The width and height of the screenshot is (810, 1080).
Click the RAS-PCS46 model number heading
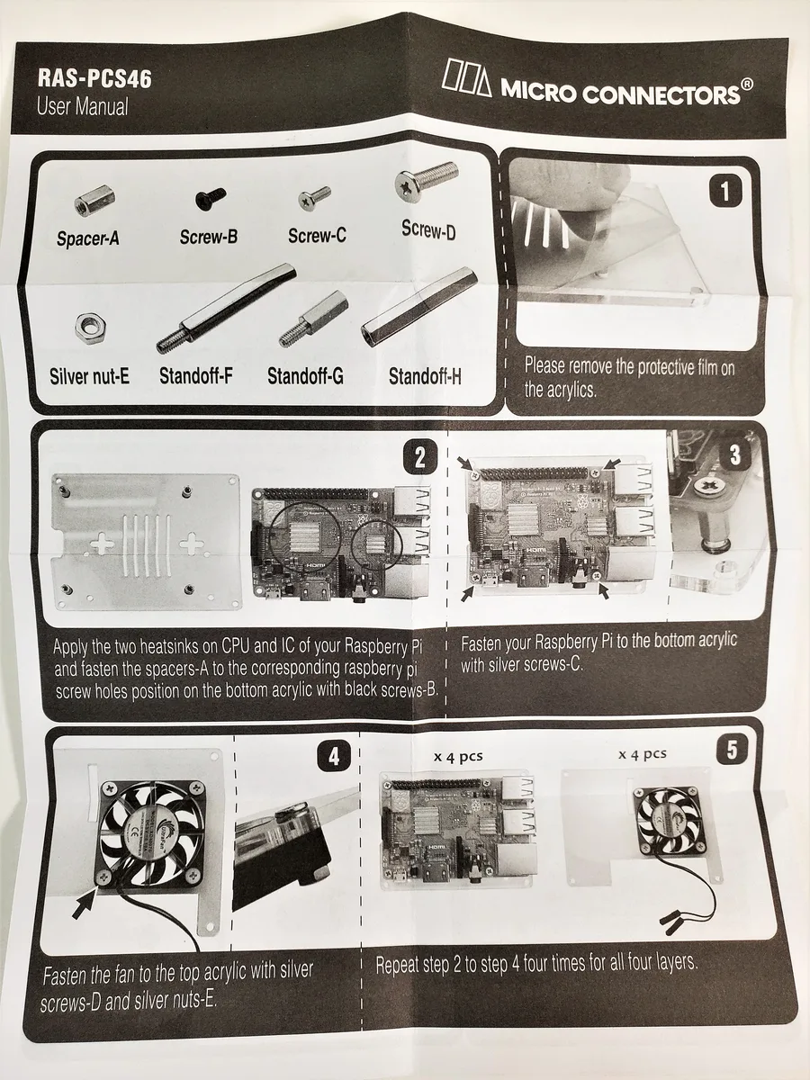(x=94, y=78)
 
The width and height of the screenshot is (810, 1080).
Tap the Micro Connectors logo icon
(x=466, y=77)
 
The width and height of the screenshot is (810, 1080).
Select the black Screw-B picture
(x=211, y=198)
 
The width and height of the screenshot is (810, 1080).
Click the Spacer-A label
(x=87, y=238)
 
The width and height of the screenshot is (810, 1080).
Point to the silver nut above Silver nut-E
(x=92, y=328)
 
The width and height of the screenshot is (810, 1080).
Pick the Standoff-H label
(x=425, y=376)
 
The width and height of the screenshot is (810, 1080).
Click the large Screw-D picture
(x=427, y=181)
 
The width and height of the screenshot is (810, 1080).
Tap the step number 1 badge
(x=725, y=192)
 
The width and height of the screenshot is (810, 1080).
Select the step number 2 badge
(x=419, y=457)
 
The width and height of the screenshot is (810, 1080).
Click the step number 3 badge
(x=734, y=455)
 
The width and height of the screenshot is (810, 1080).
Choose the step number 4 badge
(x=334, y=756)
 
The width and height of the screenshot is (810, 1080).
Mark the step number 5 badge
(x=732, y=750)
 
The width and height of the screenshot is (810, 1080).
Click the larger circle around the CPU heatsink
(x=305, y=538)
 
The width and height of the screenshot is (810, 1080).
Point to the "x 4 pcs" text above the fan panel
(x=643, y=754)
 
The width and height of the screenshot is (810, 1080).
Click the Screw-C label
(x=317, y=236)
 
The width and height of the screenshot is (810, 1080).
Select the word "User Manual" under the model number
(x=83, y=106)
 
